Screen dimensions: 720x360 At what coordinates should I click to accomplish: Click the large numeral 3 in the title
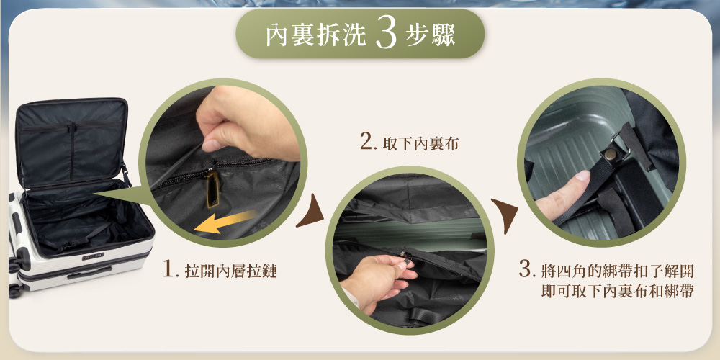coord(386,34)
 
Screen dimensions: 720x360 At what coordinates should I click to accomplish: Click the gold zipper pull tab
coord(212,188)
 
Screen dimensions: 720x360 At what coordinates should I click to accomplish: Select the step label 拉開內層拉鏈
coord(231,271)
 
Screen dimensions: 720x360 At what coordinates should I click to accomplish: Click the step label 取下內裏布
coord(420,144)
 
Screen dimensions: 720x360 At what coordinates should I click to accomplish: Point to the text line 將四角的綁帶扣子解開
coord(618,271)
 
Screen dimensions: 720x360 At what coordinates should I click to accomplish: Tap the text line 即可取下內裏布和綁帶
coord(618,292)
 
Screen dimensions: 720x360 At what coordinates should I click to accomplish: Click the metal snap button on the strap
coord(611,154)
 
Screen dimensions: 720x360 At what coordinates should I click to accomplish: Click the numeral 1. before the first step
coord(171,269)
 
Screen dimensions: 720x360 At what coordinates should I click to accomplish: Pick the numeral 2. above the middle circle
coord(369,142)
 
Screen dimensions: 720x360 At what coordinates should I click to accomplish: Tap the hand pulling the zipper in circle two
coord(377,279)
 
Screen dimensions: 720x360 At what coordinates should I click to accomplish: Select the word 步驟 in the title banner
coord(431,35)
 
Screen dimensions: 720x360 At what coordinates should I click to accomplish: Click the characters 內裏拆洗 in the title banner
coord(316,35)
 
